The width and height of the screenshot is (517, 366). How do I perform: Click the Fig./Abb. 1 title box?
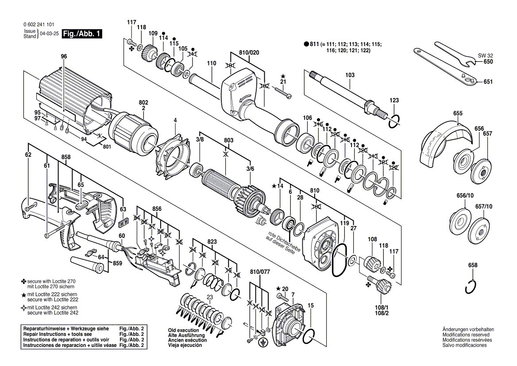coord(82,34)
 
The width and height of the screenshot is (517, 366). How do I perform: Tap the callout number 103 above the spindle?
coord(350,75)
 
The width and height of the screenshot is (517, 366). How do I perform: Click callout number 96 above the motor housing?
coord(64,56)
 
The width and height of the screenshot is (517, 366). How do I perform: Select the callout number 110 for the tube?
coord(212,63)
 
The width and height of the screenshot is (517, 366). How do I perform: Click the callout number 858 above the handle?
coord(66,157)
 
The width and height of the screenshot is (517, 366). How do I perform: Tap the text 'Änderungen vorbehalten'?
coord(468,330)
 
